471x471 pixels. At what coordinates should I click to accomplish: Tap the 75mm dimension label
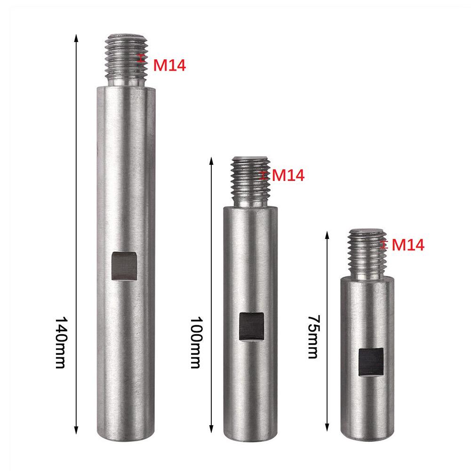click(x=312, y=337)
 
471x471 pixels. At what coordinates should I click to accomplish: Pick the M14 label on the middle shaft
click(x=288, y=176)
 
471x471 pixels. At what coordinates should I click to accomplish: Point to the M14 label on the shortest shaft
click(x=408, y=245)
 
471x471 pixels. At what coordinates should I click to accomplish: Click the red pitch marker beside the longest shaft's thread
click(x=141, y=59)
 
